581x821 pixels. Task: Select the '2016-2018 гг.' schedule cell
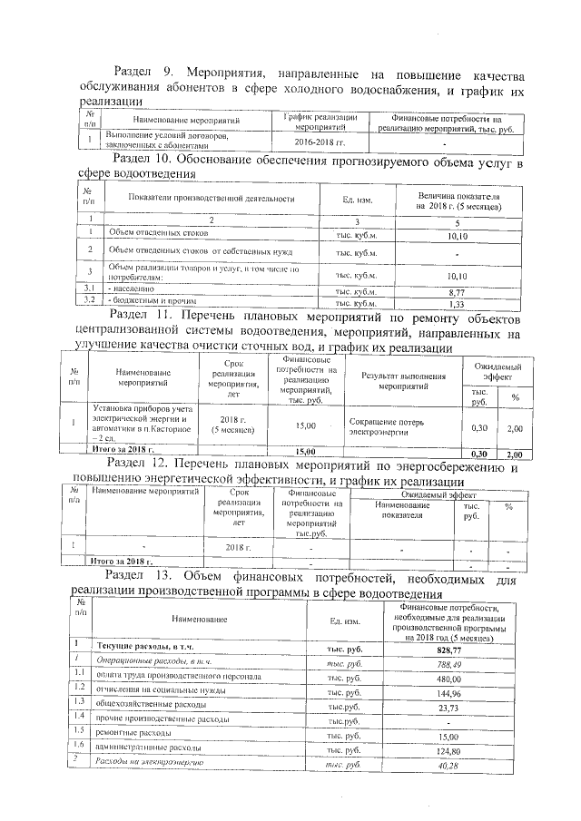point(320,142)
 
